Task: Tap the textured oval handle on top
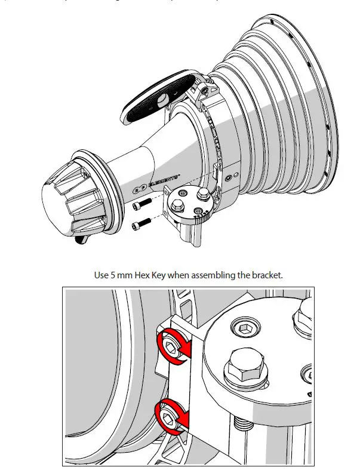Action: point(158,96)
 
